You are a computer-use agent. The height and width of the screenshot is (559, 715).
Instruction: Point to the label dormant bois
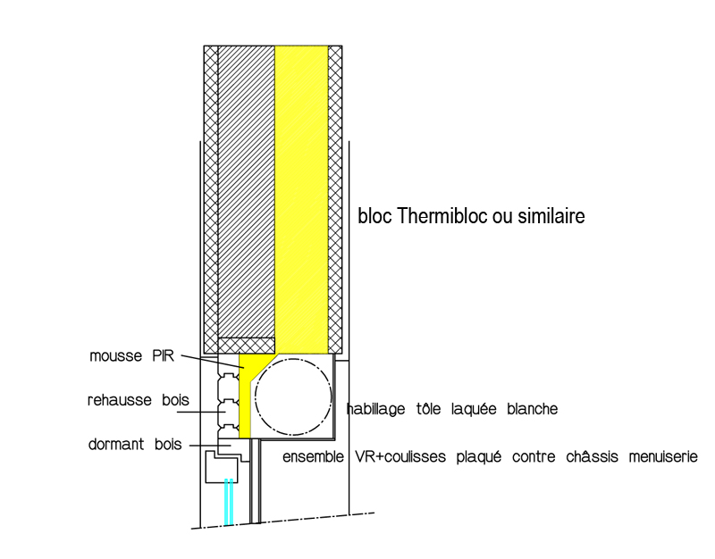tap(130, 443)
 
